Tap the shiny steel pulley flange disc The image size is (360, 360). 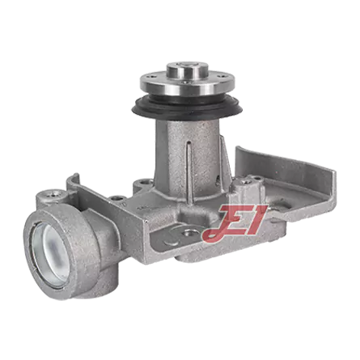click(187, 83)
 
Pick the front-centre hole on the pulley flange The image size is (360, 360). click(184, 83)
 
